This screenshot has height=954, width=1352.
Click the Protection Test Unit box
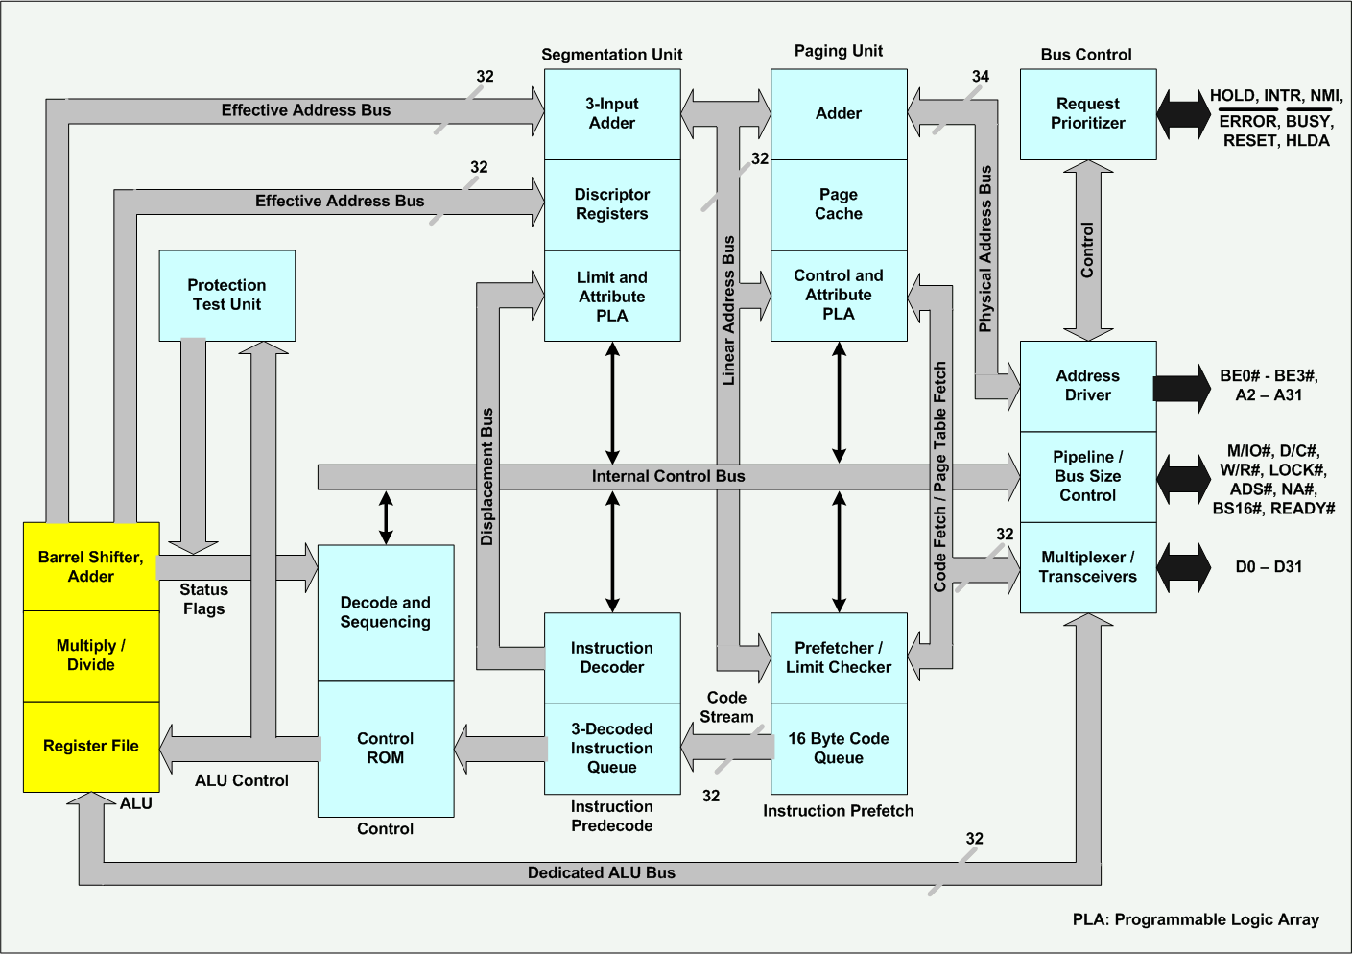(x=226, y=296)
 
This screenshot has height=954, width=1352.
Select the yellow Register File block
(x=91, y=747)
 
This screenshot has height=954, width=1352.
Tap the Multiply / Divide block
(x=91, y=656)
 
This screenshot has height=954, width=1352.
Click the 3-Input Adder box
(x=612, y=114)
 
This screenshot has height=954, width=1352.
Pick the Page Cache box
(x=839, y=204)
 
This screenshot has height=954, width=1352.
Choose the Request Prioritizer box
(x=1088, y=114)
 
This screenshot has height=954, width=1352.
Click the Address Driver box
(x=1088, y=386)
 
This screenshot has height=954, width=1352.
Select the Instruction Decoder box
(x=612, y=658)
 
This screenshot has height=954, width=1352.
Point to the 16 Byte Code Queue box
(x=839, y=749)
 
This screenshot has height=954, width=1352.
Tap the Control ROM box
(x=386, y=749)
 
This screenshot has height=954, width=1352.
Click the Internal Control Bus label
(x=668, y=477)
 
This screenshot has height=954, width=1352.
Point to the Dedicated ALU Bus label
(x=602, y=873)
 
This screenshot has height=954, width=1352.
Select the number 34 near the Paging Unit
(x=980, y=77)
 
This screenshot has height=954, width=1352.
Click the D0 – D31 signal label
(x=1269, y=567)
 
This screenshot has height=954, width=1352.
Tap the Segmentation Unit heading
(x=612, y=55)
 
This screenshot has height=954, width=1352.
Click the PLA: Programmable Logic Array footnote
(x=1196, y=919)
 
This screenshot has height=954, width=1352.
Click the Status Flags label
(x=204, y=599)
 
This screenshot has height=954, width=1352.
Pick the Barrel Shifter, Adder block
(x=91, y=567)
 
